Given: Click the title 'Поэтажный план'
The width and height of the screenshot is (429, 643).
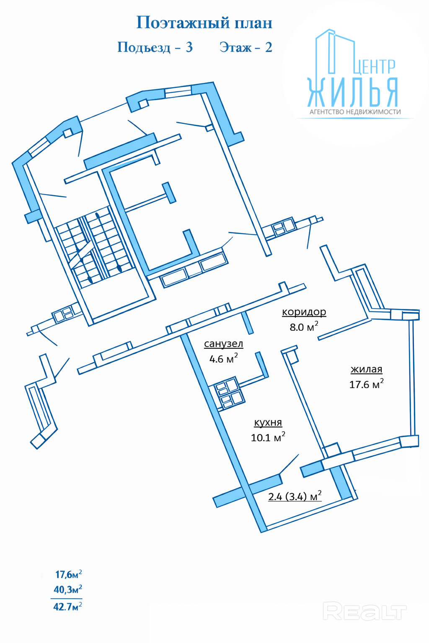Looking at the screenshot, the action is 204,23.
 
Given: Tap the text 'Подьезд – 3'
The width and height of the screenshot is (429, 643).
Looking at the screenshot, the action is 155,47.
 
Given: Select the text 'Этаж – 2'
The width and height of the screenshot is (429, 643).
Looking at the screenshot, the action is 246,47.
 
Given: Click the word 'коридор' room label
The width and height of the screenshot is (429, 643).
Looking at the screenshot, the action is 304,312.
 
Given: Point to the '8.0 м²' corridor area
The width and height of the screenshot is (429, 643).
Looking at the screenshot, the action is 304,327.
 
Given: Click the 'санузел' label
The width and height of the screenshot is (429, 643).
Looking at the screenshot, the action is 223,344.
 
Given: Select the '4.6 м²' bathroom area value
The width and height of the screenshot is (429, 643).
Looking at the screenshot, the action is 223,359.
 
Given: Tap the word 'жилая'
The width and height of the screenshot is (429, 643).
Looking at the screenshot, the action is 366,369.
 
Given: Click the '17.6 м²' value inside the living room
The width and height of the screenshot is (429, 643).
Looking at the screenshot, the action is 366,384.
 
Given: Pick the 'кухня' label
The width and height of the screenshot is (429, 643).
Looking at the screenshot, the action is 268,422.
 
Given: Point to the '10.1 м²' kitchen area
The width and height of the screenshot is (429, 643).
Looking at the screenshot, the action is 268,437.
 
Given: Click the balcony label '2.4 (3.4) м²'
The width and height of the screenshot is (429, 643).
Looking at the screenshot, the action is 295,496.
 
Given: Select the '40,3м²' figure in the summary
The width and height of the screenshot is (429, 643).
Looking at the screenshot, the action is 67,590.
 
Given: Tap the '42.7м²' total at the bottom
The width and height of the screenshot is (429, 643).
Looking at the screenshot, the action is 67,606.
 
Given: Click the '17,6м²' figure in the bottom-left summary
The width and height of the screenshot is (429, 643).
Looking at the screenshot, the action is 68,574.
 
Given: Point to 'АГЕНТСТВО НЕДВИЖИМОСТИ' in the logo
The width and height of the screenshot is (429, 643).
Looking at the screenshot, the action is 355,112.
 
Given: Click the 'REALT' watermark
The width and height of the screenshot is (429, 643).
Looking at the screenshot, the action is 364,612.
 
